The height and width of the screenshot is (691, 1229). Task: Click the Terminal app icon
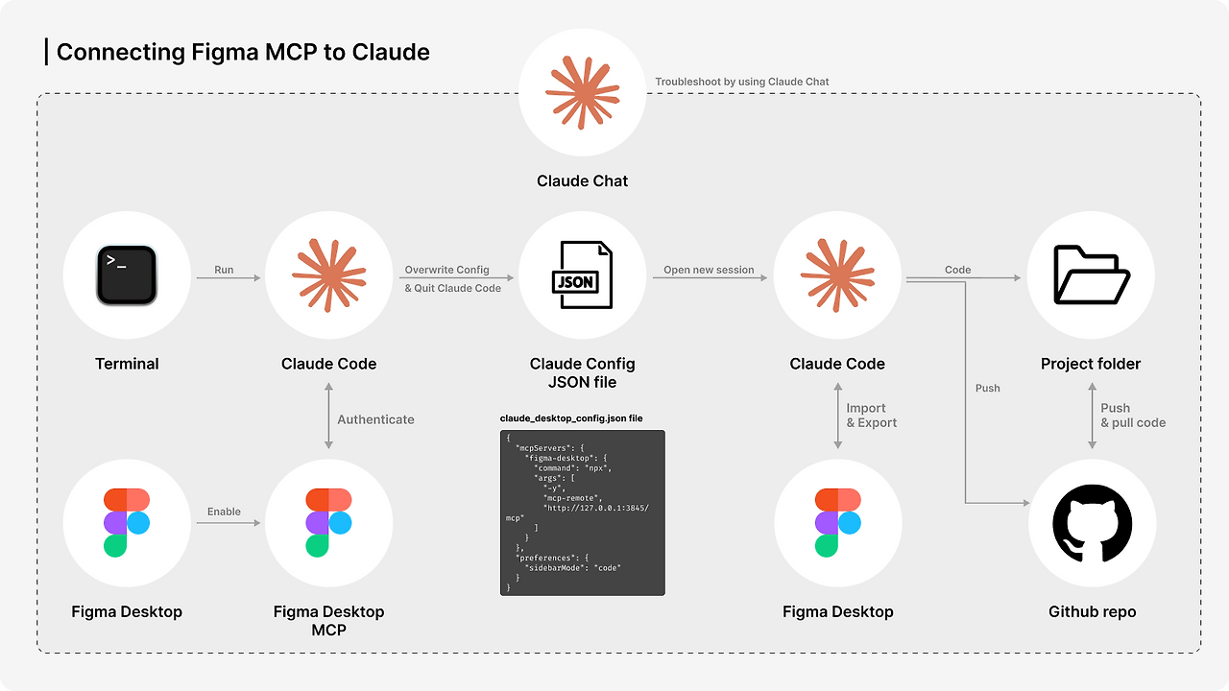tap(127, 274)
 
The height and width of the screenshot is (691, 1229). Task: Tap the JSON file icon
tap(582, 274)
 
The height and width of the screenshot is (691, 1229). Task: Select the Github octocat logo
tap(1092, 523)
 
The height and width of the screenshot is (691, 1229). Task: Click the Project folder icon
tap(1092, 274)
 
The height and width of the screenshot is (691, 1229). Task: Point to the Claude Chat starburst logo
tap(582, 92)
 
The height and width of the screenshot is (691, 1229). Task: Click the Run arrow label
tap(224, 270)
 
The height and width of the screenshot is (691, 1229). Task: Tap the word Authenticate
tap(375, 419)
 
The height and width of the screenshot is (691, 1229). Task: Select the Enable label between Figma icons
tap(224, 512)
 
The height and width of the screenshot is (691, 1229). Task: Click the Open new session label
tap(709, 270)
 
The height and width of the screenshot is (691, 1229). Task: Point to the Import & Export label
tap(871, 416)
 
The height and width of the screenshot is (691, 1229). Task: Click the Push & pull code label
tap(1133, 416)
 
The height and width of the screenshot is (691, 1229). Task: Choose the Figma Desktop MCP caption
tap(328, 621)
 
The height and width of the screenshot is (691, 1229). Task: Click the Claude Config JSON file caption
tap(582, 373)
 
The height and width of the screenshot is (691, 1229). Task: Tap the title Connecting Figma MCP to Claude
tap(243, 52)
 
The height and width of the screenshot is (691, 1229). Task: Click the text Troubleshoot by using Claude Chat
tap(742, 82)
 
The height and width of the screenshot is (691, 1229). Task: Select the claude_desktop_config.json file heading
tap(571, 418)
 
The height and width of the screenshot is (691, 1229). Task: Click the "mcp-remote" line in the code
tap(572, 498)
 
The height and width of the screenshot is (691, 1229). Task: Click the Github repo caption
tap(1092, 612)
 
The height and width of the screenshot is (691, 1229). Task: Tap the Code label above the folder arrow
tap(958, 270)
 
